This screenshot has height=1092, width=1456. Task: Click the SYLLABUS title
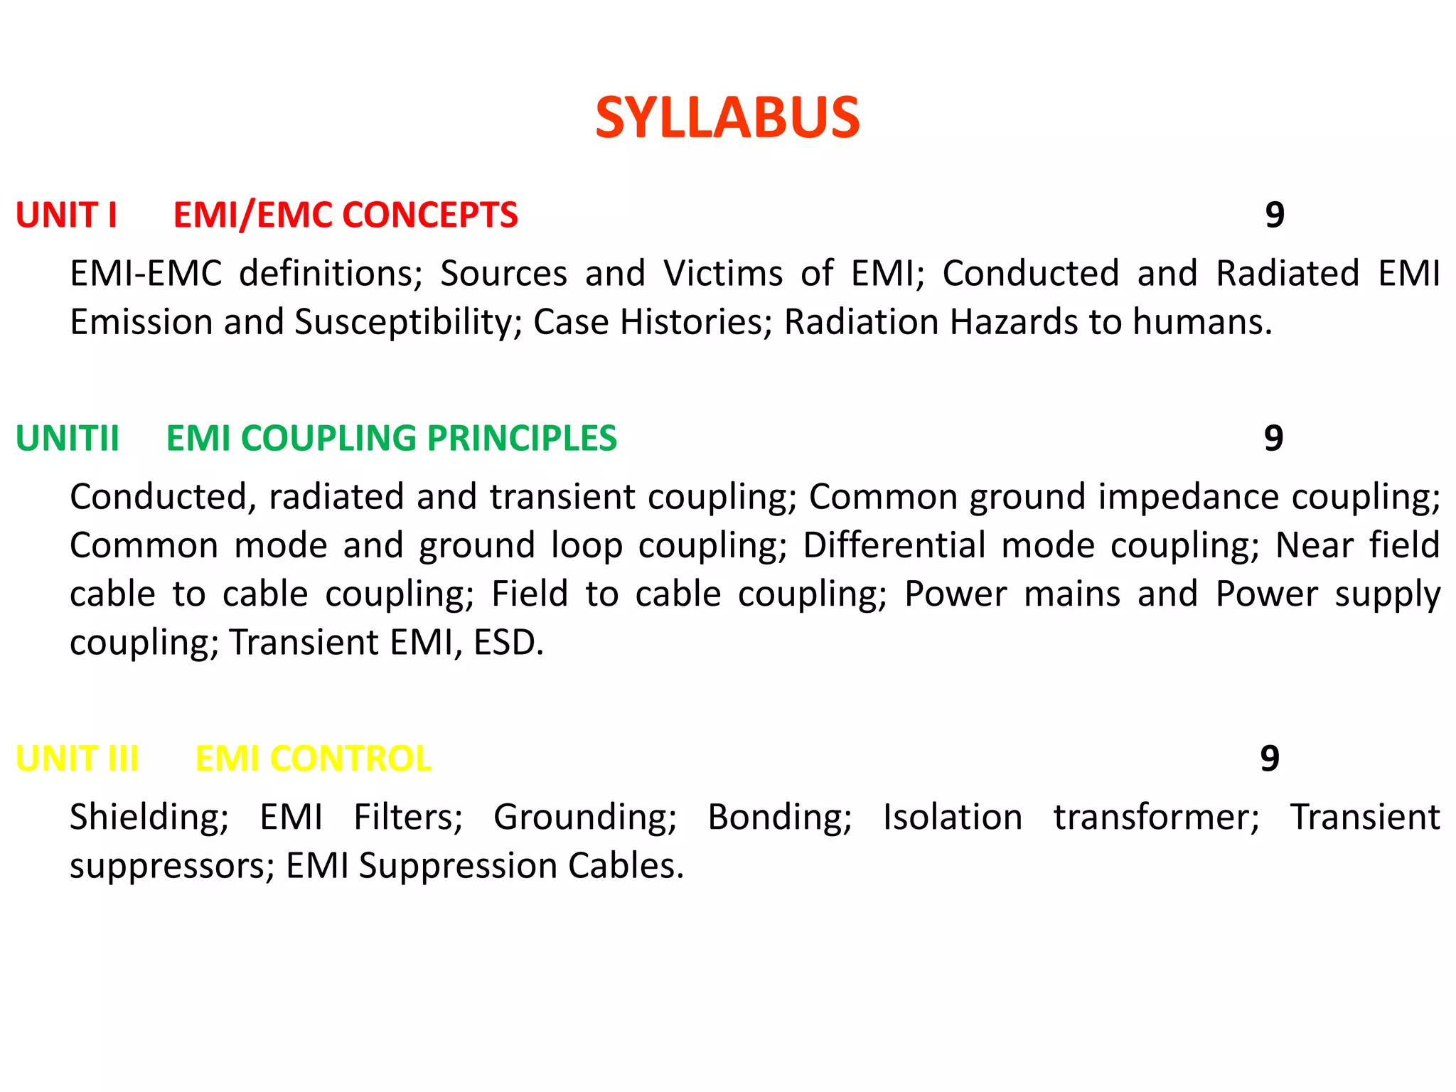727,118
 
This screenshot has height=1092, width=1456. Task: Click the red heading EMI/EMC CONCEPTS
346,215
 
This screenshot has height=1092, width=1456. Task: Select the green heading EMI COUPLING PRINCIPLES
391,438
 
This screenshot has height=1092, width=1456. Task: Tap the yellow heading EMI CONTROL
313,759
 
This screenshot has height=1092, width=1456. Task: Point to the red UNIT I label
66,215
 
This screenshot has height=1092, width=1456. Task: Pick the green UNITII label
68,438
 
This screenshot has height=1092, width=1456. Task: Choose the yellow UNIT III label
77,759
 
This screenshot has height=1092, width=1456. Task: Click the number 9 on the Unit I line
1275,215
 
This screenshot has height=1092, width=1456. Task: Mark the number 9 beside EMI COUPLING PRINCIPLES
1273,438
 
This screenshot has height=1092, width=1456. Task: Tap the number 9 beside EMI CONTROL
1270,759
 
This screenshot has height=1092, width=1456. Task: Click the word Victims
723,274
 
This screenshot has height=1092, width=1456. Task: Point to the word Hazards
1015,322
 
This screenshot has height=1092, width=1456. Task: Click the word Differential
894,546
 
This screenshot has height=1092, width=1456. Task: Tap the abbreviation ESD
508,643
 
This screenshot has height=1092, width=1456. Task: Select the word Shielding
149,818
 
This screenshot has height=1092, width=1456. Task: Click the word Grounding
584,818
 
